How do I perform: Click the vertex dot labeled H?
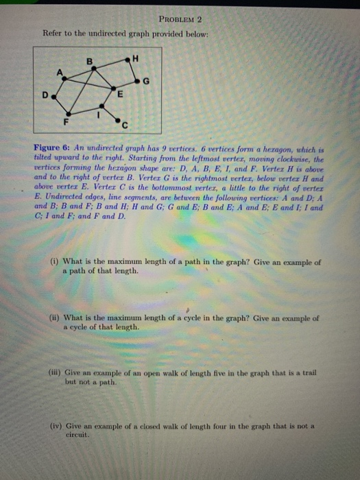point(128,60)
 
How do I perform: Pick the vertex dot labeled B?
point(95,68)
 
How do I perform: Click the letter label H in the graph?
point(136,58)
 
